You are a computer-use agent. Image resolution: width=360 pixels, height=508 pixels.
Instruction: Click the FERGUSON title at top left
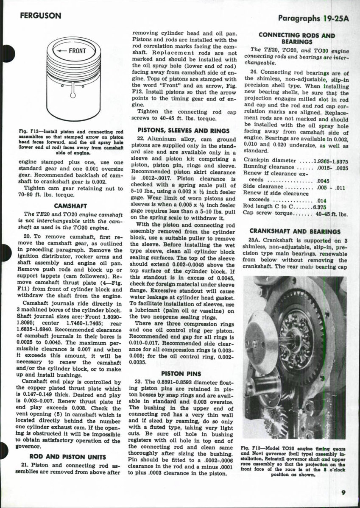[x=40, y=16]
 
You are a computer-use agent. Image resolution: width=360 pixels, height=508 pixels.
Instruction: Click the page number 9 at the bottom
[x=343, y=492]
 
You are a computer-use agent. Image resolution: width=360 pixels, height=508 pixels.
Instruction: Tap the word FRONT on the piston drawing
[x=77, y=51]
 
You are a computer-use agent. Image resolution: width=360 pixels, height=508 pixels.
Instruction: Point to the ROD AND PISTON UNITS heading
[x=61, y=456]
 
